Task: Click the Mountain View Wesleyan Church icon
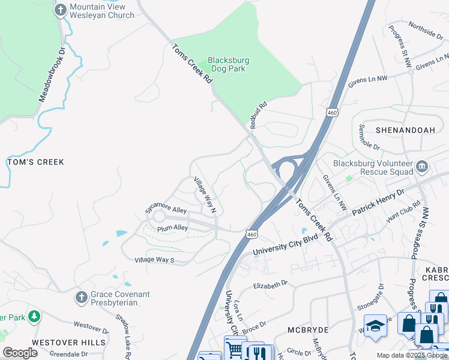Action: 61,10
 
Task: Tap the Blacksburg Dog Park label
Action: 228,64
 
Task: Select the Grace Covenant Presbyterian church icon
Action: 82,298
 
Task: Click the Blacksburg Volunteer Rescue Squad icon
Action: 421,165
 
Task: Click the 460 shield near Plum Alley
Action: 252,232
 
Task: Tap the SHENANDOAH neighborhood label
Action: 404,130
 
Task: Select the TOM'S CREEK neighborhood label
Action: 35,162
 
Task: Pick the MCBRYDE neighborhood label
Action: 310,329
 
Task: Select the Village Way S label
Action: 154,260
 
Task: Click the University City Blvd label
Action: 285,247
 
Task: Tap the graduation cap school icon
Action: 376,326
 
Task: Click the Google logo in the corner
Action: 20,353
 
